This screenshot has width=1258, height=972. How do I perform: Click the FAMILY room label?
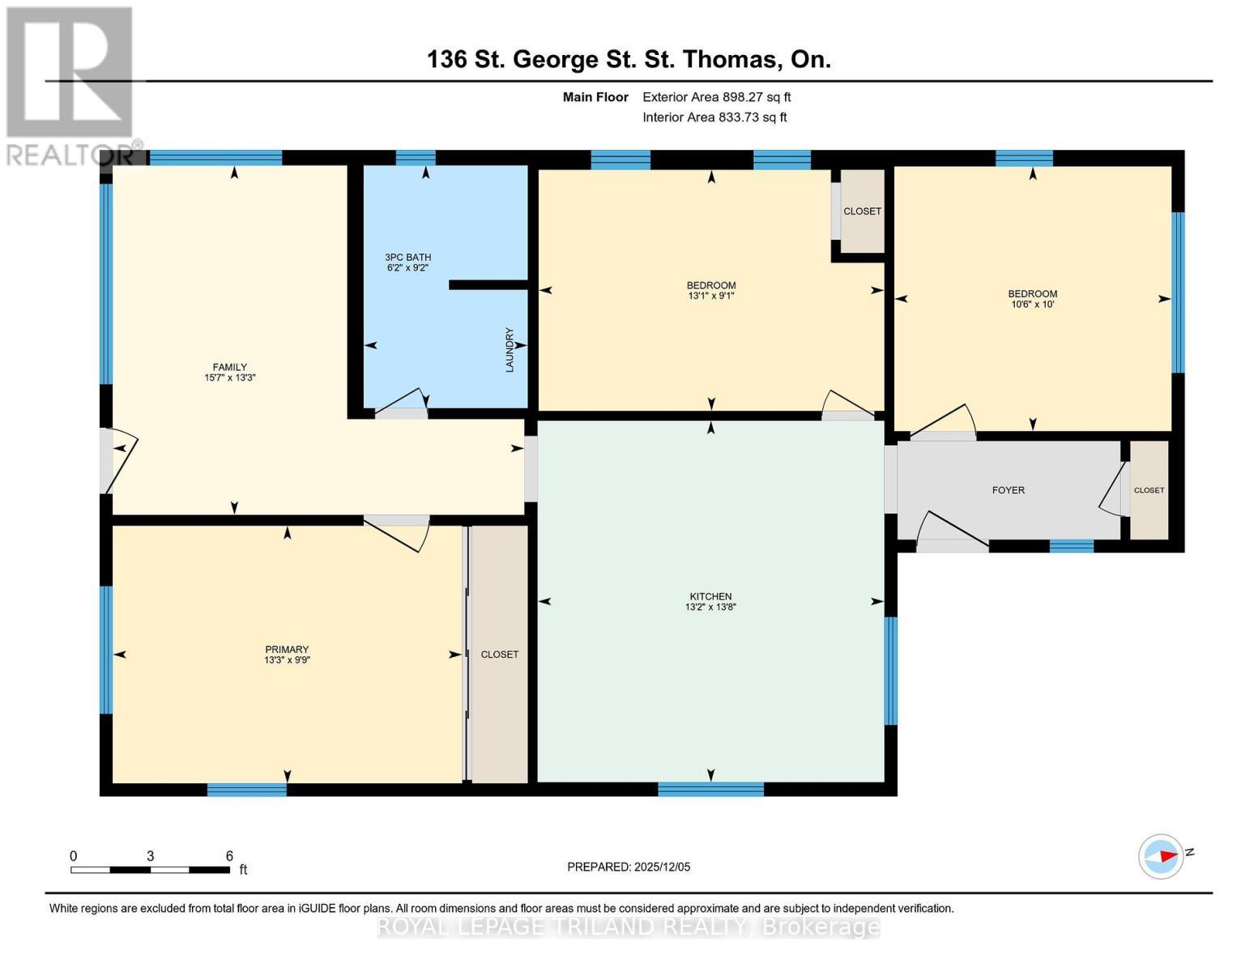(x=230, y=367)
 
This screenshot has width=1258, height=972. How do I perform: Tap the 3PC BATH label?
(x=407, y=258)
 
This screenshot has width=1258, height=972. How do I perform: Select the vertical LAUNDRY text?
(x=510, y=350)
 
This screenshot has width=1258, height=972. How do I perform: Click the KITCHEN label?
(x=710, y=596)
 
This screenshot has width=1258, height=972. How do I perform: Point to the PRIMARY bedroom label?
(x=287, y=649)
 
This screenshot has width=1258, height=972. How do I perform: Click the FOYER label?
(x=1008, y=490)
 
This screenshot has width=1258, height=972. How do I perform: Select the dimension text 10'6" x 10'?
(x=1032, y=305)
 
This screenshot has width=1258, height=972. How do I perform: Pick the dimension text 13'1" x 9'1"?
(x=710, y=296)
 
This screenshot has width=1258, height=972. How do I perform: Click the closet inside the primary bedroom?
(x=499, y=654)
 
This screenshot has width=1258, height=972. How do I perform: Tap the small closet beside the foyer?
(x=1149, y=490)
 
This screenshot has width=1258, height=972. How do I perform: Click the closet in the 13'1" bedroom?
(x=862, y=211)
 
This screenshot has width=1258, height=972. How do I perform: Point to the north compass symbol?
(x=1161, y=855)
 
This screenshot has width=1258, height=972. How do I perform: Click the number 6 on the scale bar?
(x=229, y=856)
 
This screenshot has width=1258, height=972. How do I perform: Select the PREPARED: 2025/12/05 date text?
(x=629, y=867)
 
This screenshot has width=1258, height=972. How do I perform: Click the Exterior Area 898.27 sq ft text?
(x=716, y=97)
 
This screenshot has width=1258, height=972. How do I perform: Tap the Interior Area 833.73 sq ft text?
(x=714, y=117)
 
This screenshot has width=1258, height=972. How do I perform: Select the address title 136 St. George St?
(x=629, y=59)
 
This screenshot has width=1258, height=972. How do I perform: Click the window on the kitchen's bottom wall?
(x=710, y=789)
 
